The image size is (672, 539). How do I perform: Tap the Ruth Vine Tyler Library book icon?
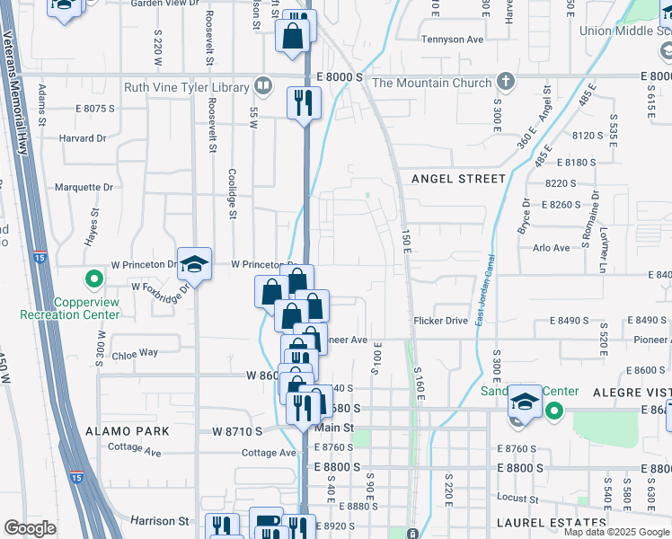[263, 86]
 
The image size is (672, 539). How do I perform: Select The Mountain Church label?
[431, 84]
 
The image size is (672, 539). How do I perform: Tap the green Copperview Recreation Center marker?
[90, 280]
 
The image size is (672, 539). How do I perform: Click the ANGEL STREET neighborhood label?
[458, 179]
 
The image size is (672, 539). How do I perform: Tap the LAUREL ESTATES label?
[553, 523]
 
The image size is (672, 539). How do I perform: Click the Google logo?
[30, 528]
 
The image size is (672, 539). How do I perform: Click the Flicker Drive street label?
[440, 320]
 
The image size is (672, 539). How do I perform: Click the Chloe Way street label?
[135, 354]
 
